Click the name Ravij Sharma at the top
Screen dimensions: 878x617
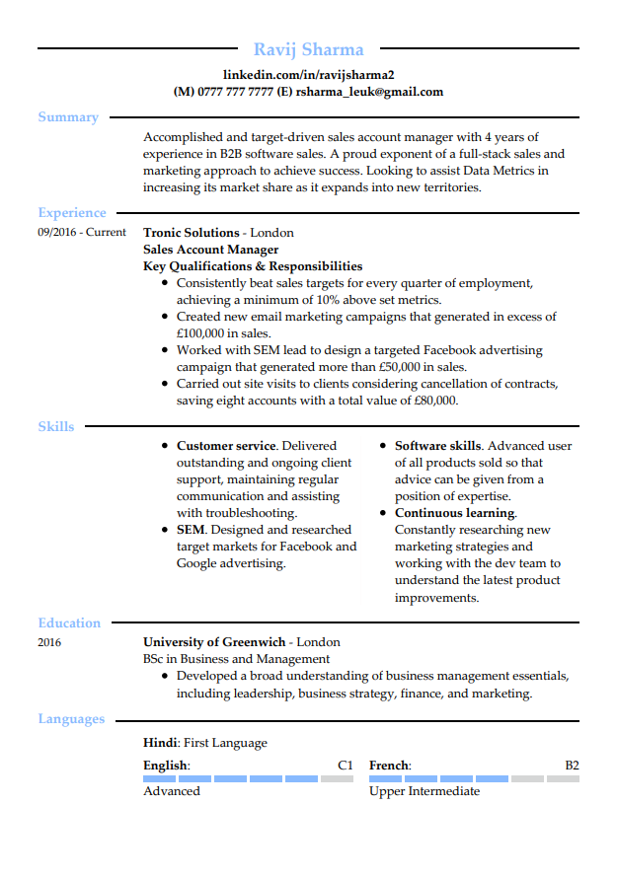pos(308,49)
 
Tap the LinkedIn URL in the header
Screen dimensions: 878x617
pos(308,75)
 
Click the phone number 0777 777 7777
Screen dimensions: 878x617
pos(235,92)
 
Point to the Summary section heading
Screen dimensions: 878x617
pos(68,117)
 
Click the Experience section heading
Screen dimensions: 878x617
pos(72,213)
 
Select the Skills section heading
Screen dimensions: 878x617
pos(56,426)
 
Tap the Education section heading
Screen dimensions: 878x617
pos(69,623)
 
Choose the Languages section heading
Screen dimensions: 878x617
pos(71,719)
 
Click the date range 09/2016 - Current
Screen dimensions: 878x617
pos(82,233)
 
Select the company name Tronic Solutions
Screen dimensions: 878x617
pos(192,233)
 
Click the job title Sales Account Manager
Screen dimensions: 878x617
pos(210,250)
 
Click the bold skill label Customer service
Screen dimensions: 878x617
pos(226,446)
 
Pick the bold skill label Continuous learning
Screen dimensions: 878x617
pos(454,513)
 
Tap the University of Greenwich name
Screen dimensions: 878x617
pos(214,642)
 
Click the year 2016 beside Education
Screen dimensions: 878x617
pos(49,643)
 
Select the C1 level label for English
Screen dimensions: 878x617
pos(345,766)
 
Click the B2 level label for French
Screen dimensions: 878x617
pos(572,766)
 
